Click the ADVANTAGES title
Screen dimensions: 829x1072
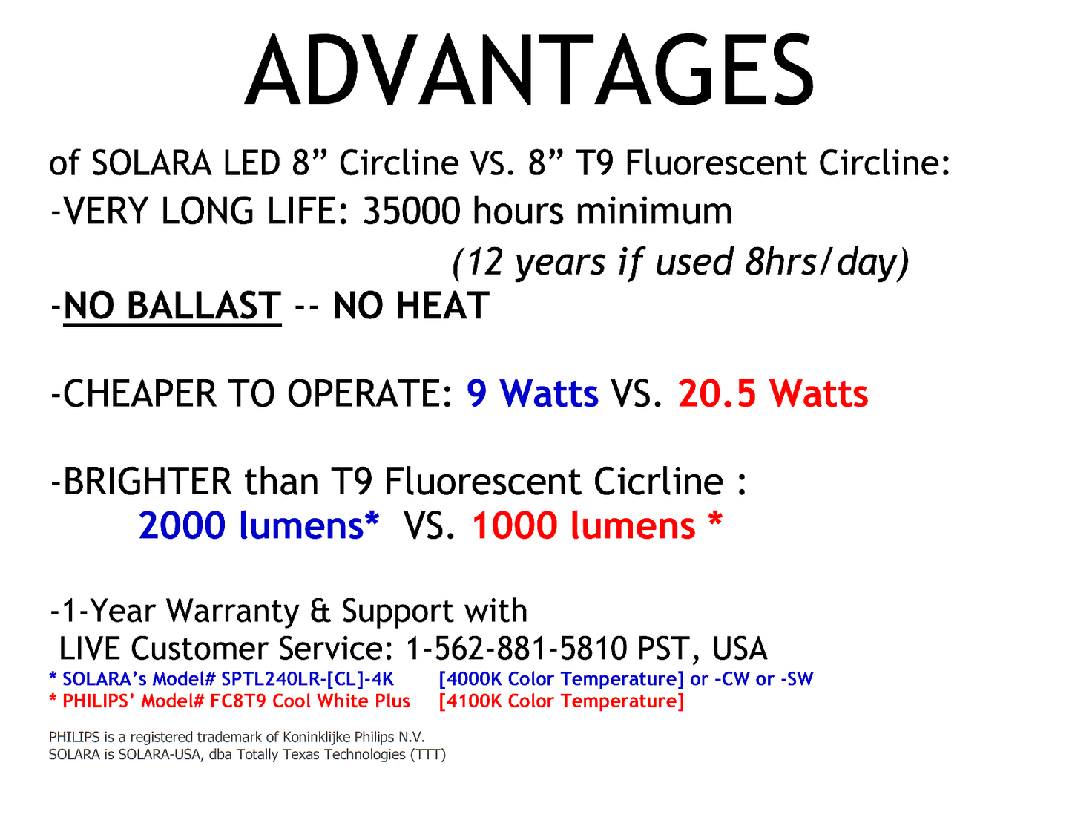(529, 71)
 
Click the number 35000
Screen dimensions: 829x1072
(410, 212)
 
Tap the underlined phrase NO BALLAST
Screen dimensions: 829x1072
(172, 306)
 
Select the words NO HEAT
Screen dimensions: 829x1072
(411, 306)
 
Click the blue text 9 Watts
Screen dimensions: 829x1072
(532, 393)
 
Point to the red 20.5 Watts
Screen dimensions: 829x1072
(772, 393)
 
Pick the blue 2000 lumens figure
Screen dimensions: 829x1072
(257, 525)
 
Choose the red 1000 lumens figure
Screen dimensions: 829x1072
(584, 525)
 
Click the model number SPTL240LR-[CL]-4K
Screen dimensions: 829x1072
(307, 679)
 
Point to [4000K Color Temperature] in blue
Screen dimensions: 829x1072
(561, 679)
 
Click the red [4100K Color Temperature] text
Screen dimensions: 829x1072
(561, 701)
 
